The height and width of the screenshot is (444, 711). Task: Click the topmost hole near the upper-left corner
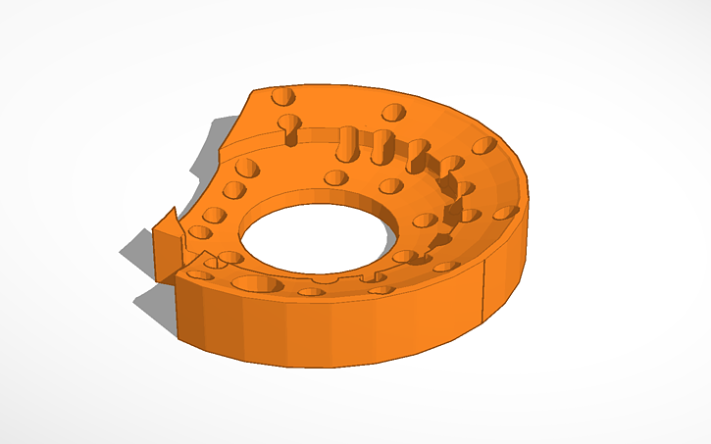tap(282, 96)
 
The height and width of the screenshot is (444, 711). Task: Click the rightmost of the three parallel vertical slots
tap(417, 154)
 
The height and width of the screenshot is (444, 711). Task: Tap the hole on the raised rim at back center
tap(394, 111)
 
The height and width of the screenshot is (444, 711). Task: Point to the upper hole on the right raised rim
tap(483, 146)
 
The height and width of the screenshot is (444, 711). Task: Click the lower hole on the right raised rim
tap(506, 211)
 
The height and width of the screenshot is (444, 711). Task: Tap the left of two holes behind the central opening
tap(336, 177)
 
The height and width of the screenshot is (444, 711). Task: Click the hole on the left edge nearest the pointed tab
tap(200, 233)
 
